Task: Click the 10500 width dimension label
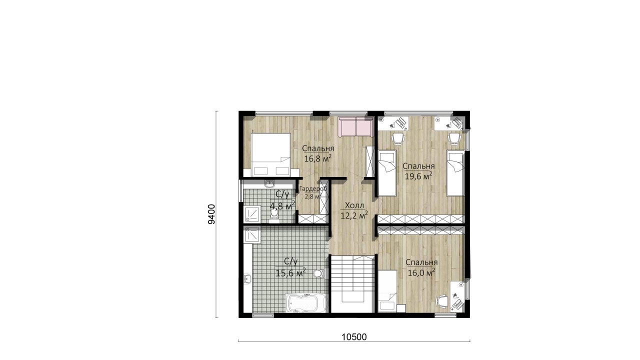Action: pos(354,337)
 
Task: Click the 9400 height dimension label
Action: pos(211,214)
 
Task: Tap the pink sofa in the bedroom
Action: pos(355,126)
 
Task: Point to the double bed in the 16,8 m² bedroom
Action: pos(271,154)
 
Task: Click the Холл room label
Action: pos(354,205)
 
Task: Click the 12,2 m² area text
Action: pos(354,215)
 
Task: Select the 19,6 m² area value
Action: pos(418,175)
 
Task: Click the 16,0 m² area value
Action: pos(421,272)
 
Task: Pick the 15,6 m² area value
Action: pos(291,272)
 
